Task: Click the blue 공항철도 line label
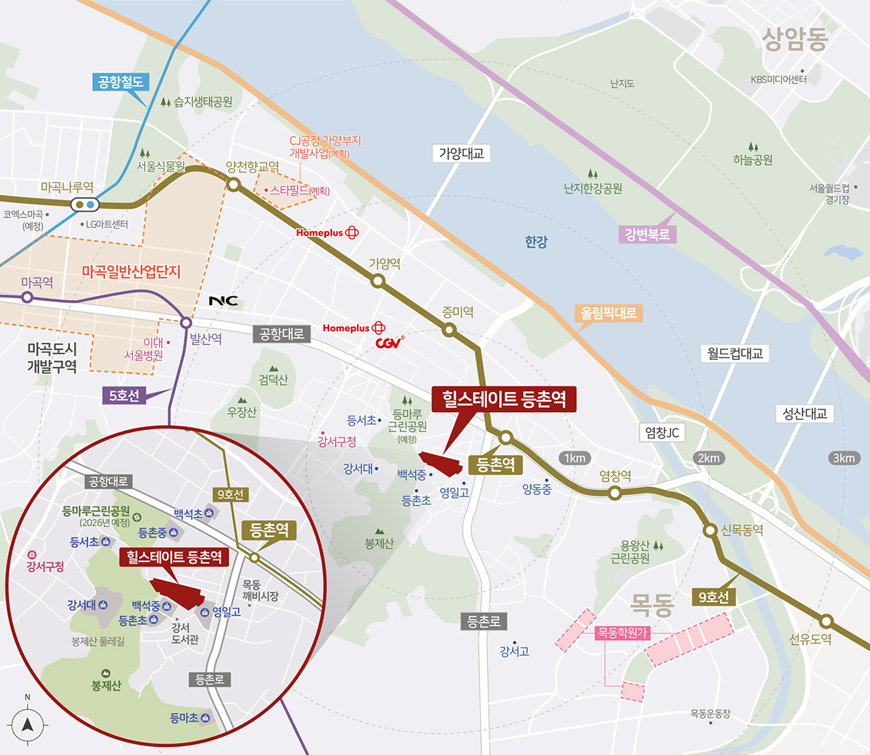click(121, 82)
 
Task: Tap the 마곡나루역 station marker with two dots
click(84, 205)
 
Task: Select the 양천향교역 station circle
click(233, 185)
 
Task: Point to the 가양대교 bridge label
click(461, 153)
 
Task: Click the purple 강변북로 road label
click(647, 234)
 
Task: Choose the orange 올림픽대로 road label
click(609, 313)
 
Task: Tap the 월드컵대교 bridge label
click(735, 353)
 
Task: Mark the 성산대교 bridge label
click(804, 414)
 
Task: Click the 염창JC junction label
click(661, 432)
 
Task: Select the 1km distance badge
click(574, 458)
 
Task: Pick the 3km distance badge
click(843, 458)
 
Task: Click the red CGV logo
click(389, 343)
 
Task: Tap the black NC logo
click(223, 301)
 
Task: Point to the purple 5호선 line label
click(124, 395)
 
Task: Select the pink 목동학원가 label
click(621, 633)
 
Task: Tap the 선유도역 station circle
click(826, 621)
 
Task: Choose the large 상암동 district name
click(794, 40)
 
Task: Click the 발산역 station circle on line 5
click(186, 322)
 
